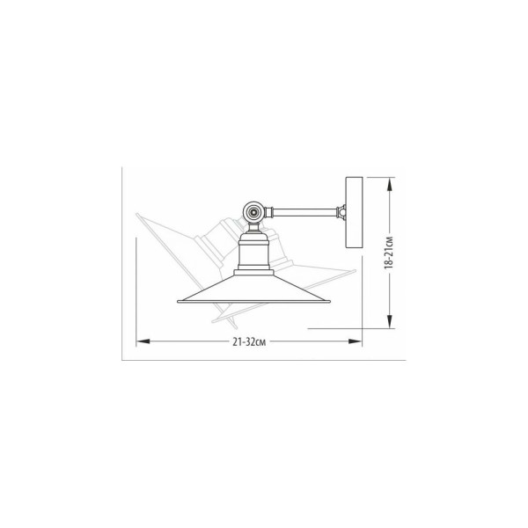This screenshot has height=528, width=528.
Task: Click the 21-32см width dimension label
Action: click(x=249, y=341)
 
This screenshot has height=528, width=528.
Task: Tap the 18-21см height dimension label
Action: click(x=389, y=253)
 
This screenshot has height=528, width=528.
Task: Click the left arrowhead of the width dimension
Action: click(x=143, y=341)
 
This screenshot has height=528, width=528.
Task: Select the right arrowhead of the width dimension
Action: click(x=355, y=341)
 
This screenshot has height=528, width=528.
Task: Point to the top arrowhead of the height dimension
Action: click(x=390, y=184)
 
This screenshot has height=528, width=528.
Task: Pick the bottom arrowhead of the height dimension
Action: click(x=390, y=321)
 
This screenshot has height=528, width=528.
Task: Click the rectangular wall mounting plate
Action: click(x=355, y=212)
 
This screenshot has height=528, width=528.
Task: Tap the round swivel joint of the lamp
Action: click(x=253, y=212)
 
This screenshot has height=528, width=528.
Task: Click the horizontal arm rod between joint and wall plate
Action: click(x=304, y=212)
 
